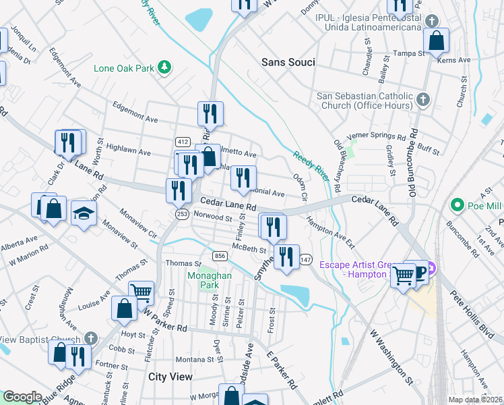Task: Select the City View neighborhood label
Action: click(x=170, y=377)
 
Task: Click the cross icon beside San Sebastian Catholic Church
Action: click(x=422, y=100)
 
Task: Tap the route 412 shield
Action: click(x=182, y=141)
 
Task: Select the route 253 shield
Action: click(x=182, y=214)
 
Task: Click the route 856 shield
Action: click(x=219, y=256)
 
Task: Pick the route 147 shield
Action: click(x=305, y=259)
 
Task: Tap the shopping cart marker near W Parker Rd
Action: click(x=141, y=292)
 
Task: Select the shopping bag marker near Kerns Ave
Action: click(x=437, y=40)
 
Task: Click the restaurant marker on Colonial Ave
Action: click(x=243, y=178)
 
